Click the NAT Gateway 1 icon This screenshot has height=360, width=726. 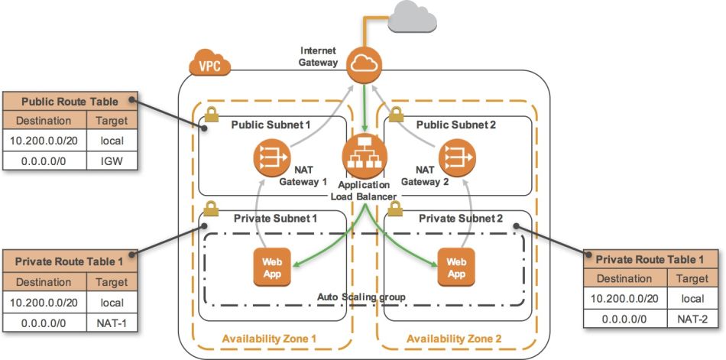pyautogui.click(x=267, y=157)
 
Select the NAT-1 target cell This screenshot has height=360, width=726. pyautogui.click(x=112, y=324)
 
